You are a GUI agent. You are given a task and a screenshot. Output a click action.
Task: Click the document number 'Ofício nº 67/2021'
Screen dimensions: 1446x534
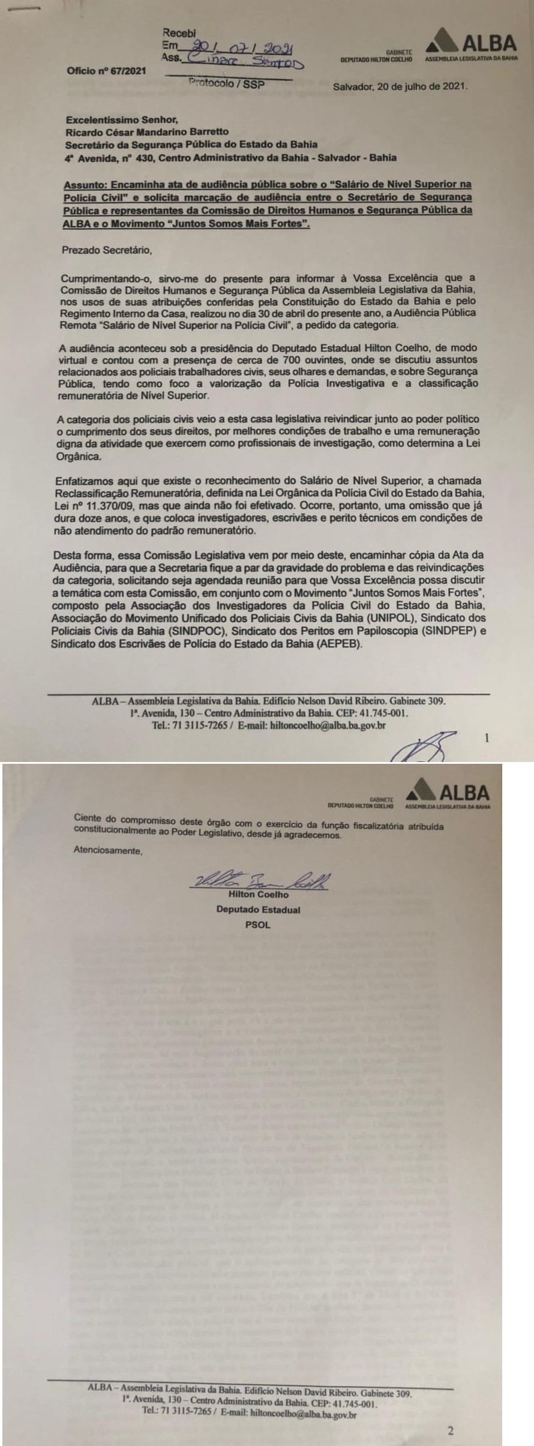coord(106,71)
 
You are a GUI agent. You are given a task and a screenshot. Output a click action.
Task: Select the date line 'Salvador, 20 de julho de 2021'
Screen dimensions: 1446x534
coord(401,86)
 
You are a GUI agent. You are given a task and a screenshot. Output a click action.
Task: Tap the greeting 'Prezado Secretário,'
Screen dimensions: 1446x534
coord(107,250)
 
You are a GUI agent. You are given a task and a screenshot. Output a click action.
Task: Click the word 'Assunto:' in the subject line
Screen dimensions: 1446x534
coord(83,182)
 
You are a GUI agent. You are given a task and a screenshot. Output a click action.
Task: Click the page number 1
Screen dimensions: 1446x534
coord(487,739)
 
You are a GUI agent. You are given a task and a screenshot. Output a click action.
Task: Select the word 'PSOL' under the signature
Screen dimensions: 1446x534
coord(258,925)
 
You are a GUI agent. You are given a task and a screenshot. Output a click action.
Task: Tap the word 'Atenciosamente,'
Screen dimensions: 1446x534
coord(108,850)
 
